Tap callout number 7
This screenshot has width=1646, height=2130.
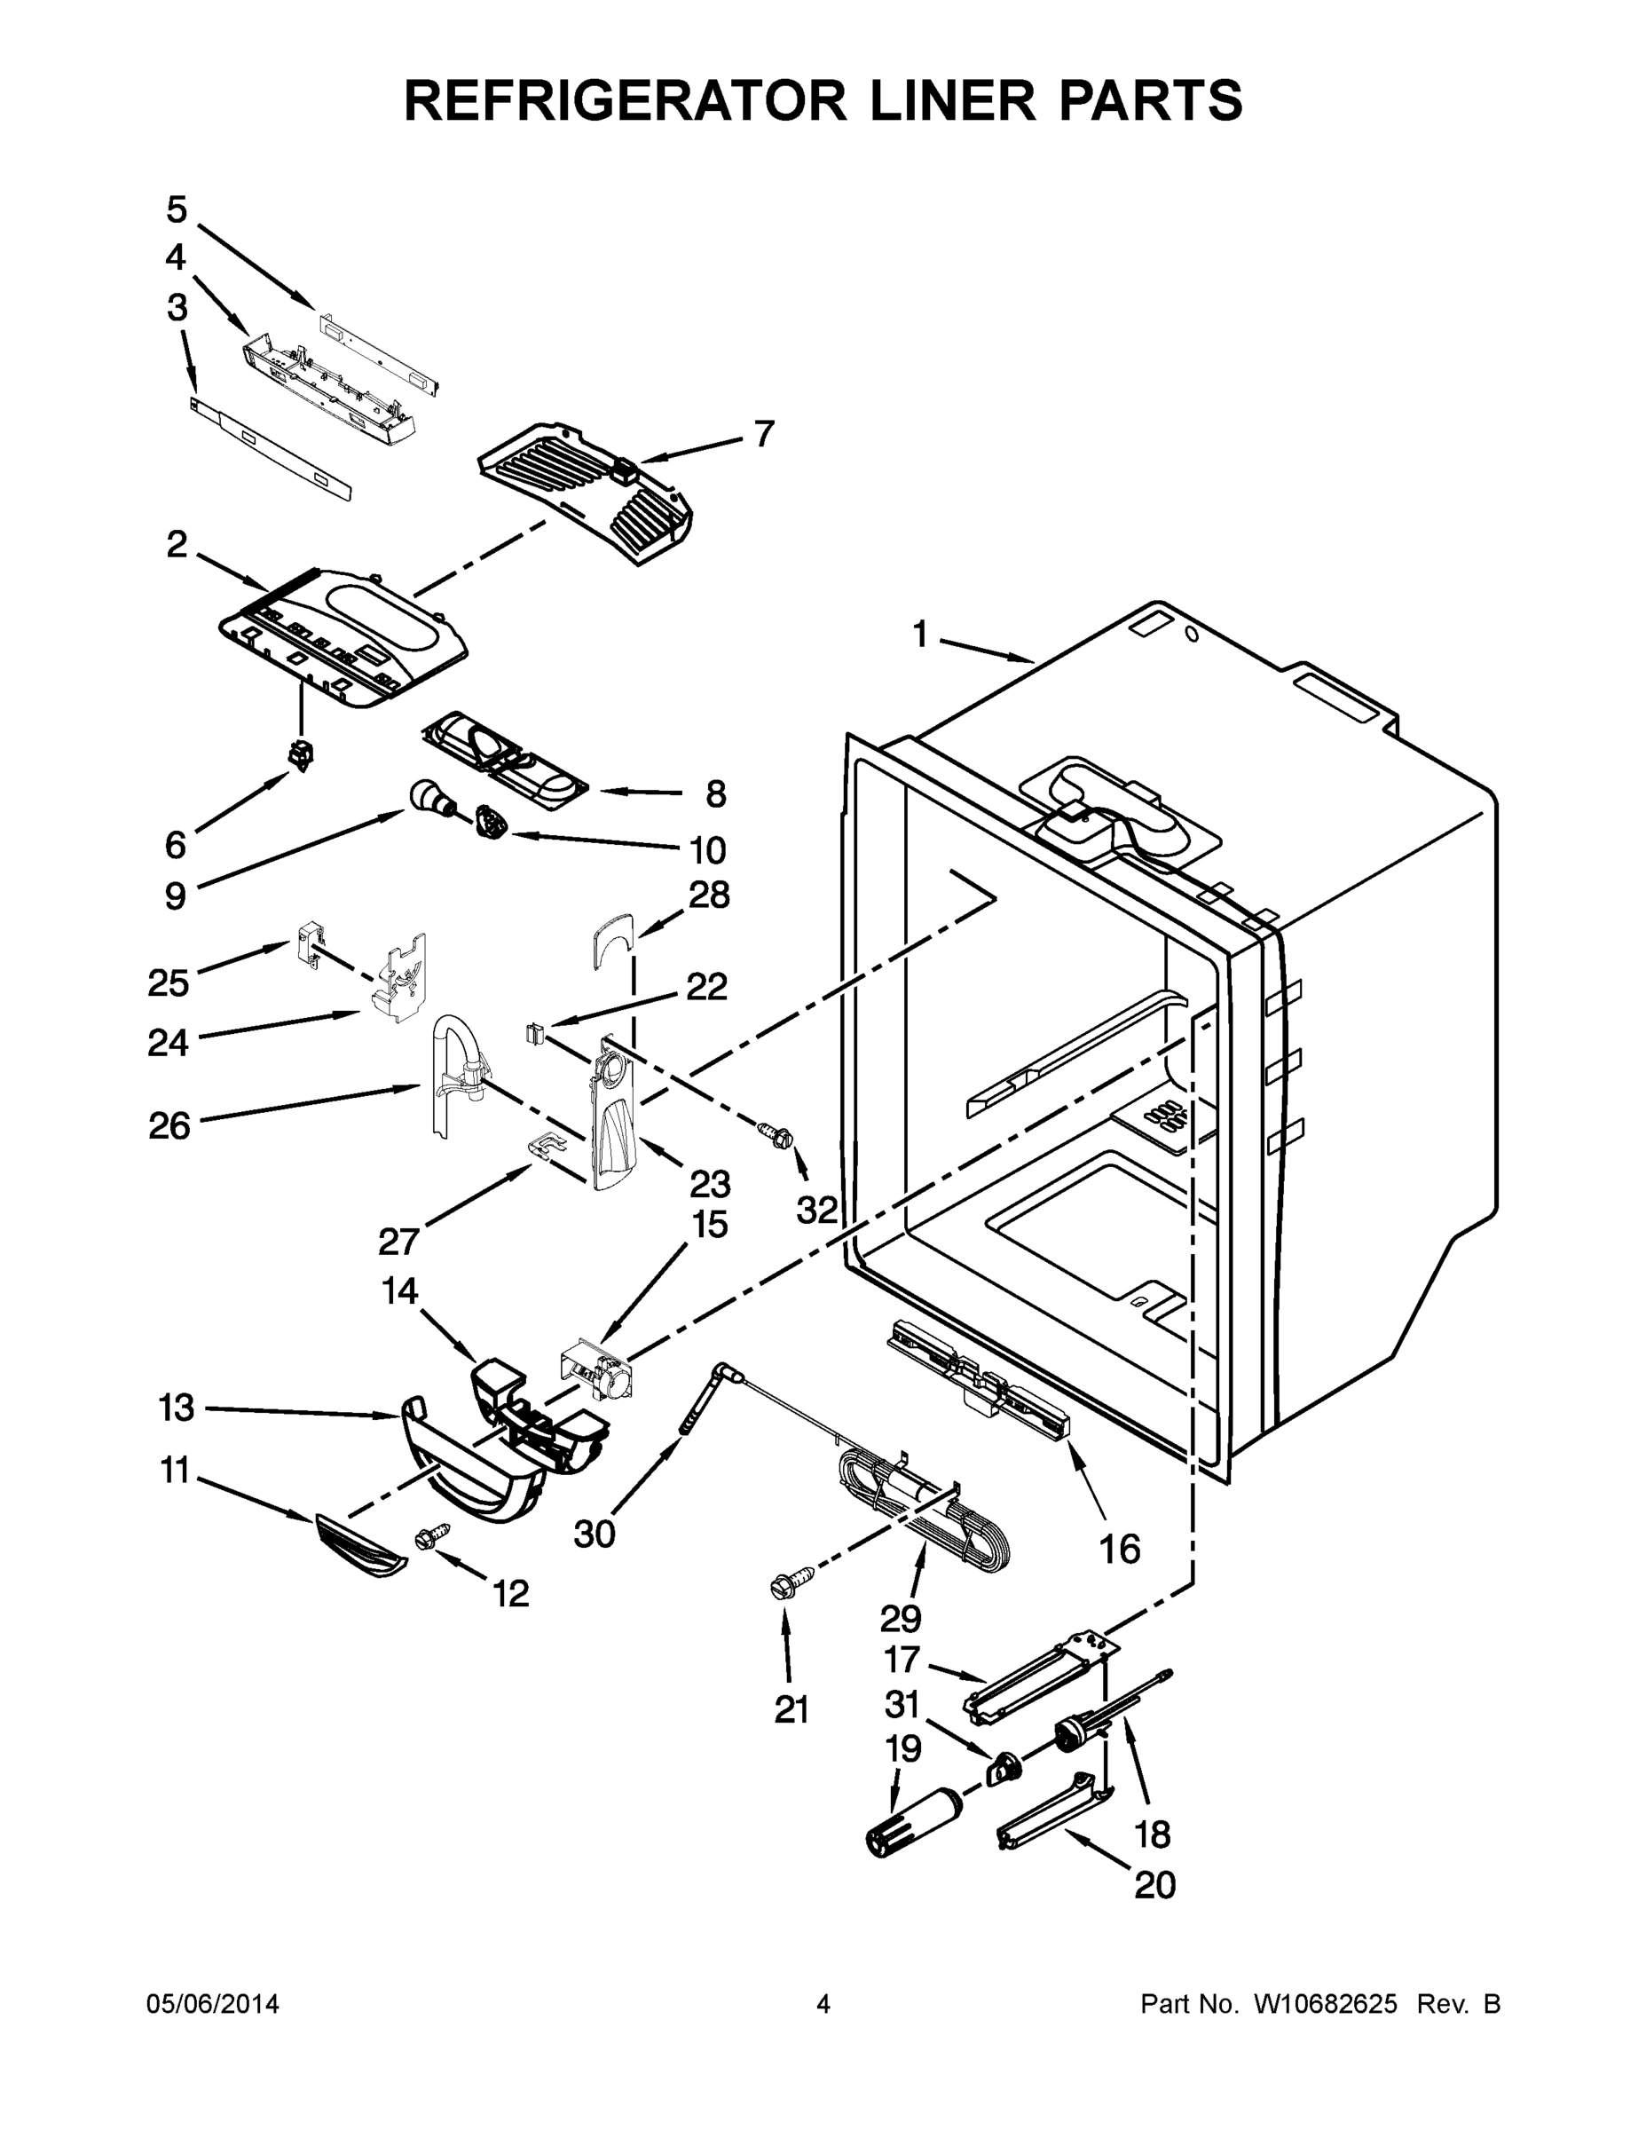pyautogui.click(x=765, y=434)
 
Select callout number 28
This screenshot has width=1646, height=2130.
pyautogui.click(x=709, y=895)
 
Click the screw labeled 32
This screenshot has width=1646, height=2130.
pyautogui.click(x=777, y=1133)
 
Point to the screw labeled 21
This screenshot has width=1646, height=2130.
pyautogui.click(x=790, y=1582)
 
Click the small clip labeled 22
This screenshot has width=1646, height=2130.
pyautogui.click(x=534, y=1031)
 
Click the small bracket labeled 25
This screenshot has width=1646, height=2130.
pyautogui.click(x=308, y=943)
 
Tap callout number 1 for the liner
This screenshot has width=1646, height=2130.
pyautogui.click(x=919, y=635)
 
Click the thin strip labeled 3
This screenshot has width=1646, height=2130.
pyautogui.click(x=272, y=446)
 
